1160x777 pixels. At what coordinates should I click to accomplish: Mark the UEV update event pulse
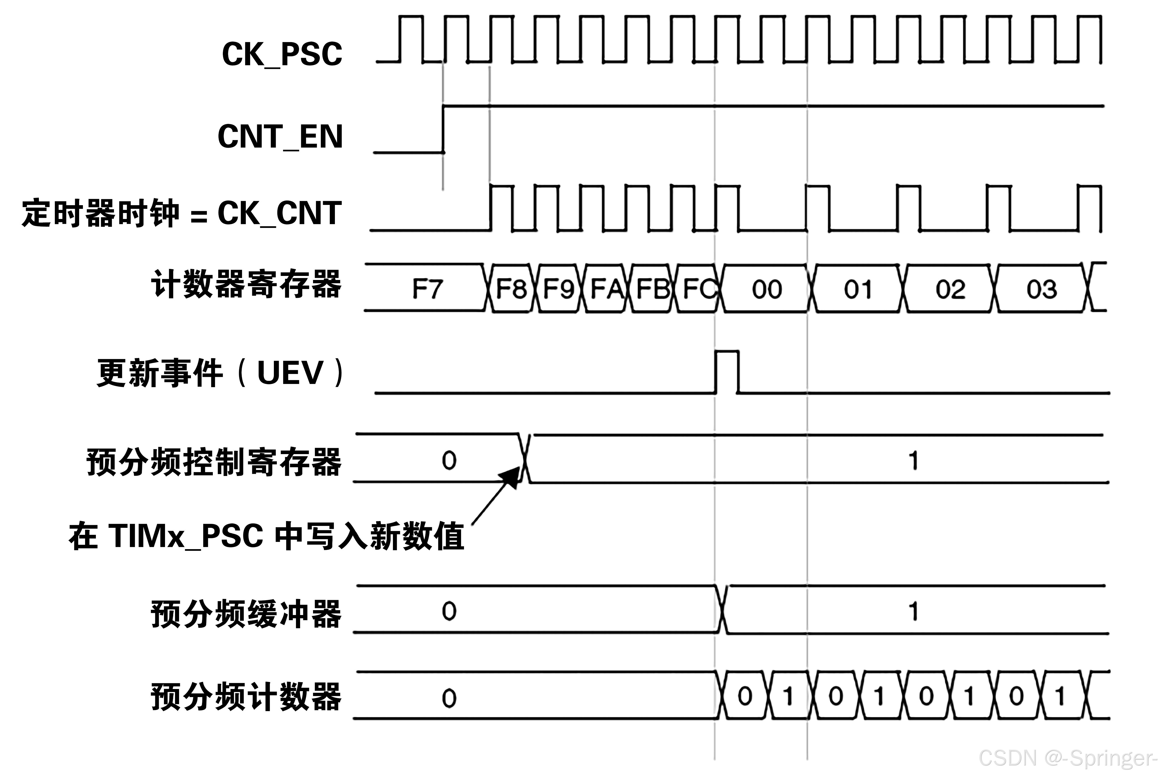tap(727, 372)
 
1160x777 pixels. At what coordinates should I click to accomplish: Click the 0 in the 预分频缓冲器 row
tap(449, 612)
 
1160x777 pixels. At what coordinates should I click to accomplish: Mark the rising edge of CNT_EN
tap(443, 129)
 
